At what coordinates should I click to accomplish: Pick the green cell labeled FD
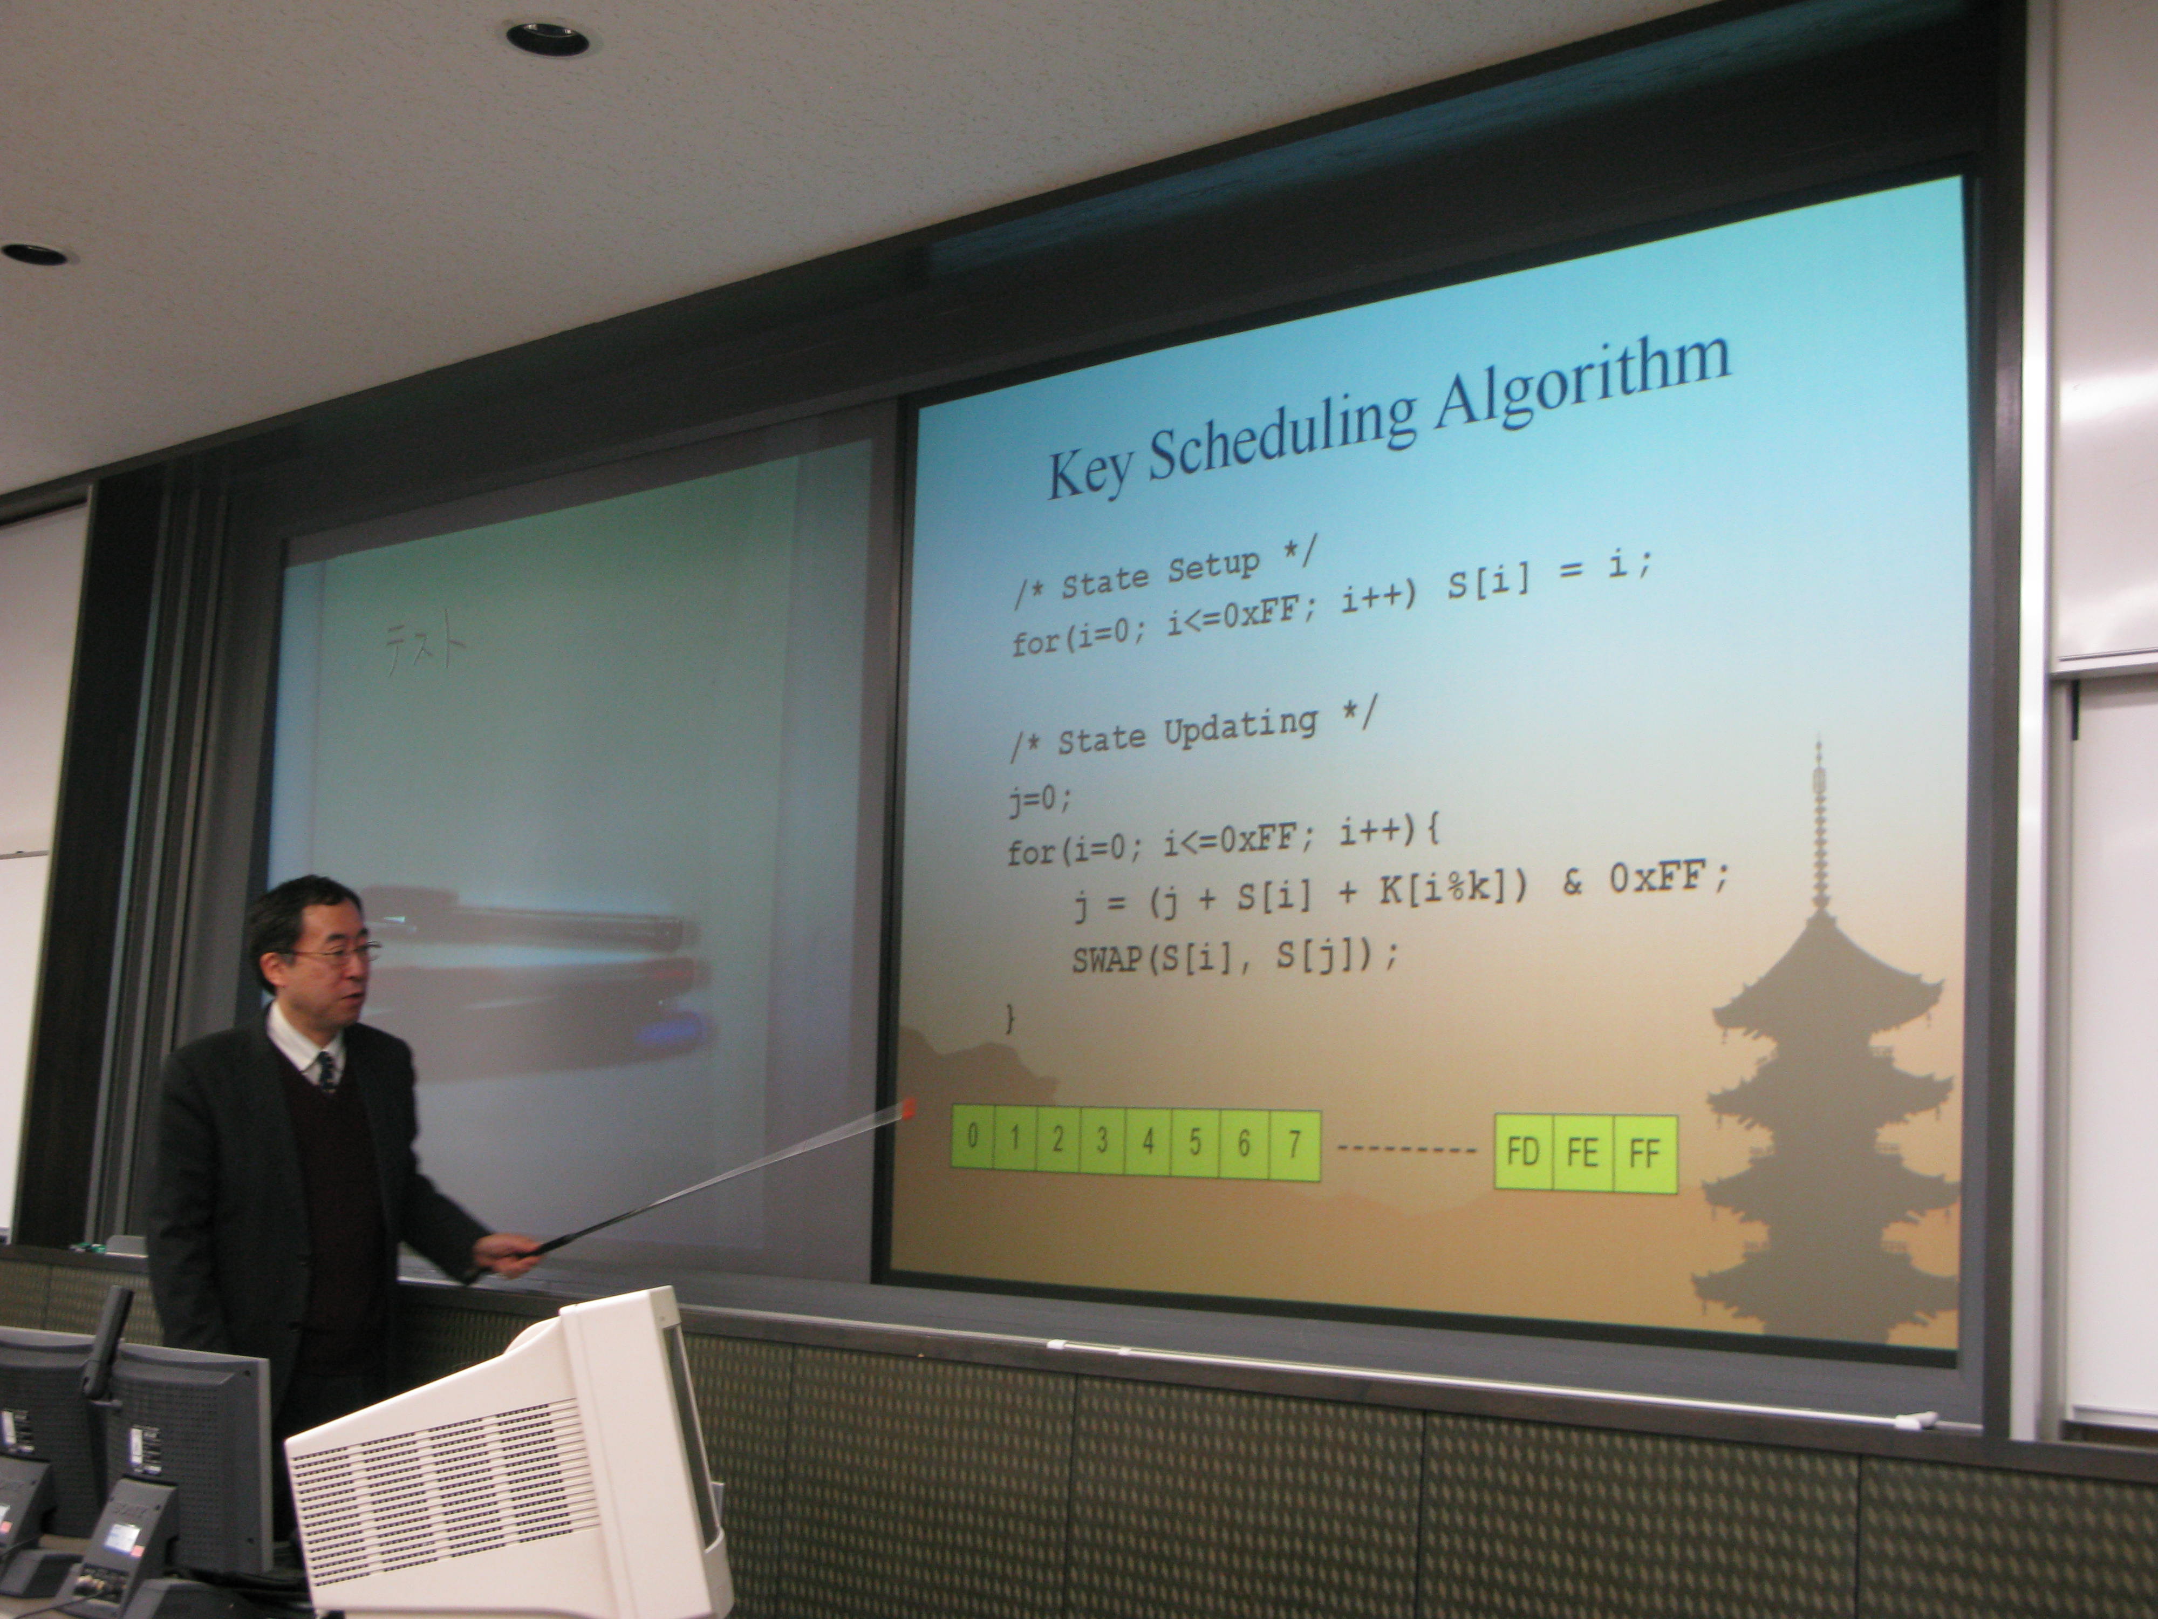coord(1523,1153)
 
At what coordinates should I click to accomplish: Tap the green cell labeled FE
coord(1583,1153)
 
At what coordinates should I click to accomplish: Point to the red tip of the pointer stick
coord(909,1107)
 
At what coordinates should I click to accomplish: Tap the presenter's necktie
coord(327,1072)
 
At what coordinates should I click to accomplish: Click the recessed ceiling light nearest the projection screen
coord(547,38)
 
